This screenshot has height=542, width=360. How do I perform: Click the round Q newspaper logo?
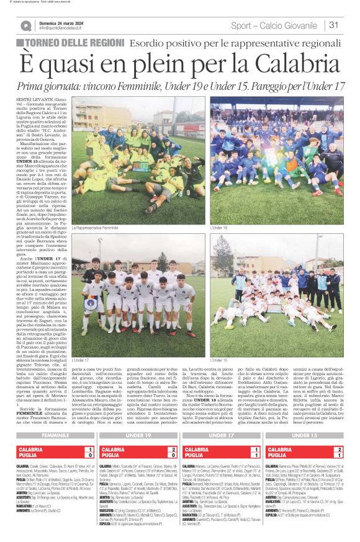point(26,26)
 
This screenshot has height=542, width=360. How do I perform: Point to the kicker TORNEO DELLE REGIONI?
point(76,43)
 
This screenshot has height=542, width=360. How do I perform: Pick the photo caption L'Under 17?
point(80,360)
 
